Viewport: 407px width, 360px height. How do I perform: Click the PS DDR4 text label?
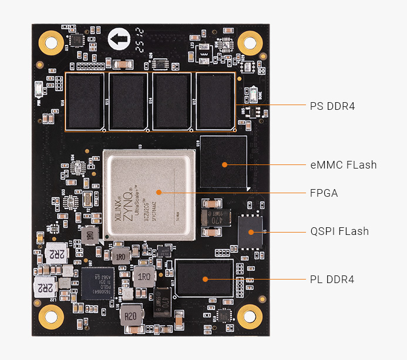click(x=332, y=106)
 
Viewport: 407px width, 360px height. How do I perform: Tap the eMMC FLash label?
click(x=343, y=165)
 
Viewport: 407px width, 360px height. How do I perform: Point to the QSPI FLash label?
click(x=339, y=231)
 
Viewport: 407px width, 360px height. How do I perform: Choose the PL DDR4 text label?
click(x=332, y=279)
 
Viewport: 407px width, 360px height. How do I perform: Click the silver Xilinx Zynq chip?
click(x=148, y=195)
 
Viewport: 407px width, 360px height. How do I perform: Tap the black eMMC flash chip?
click(x=223, y=165)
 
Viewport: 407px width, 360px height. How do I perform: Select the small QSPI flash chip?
click(x=251, y=231)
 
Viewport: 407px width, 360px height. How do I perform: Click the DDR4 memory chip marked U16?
click(x=85, y=101)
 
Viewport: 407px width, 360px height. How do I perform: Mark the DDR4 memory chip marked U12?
click(x=216, y=101)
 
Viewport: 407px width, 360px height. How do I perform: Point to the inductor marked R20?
click(x=131, y=317)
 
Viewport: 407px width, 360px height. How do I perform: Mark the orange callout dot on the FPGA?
click(x=158, y=192)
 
